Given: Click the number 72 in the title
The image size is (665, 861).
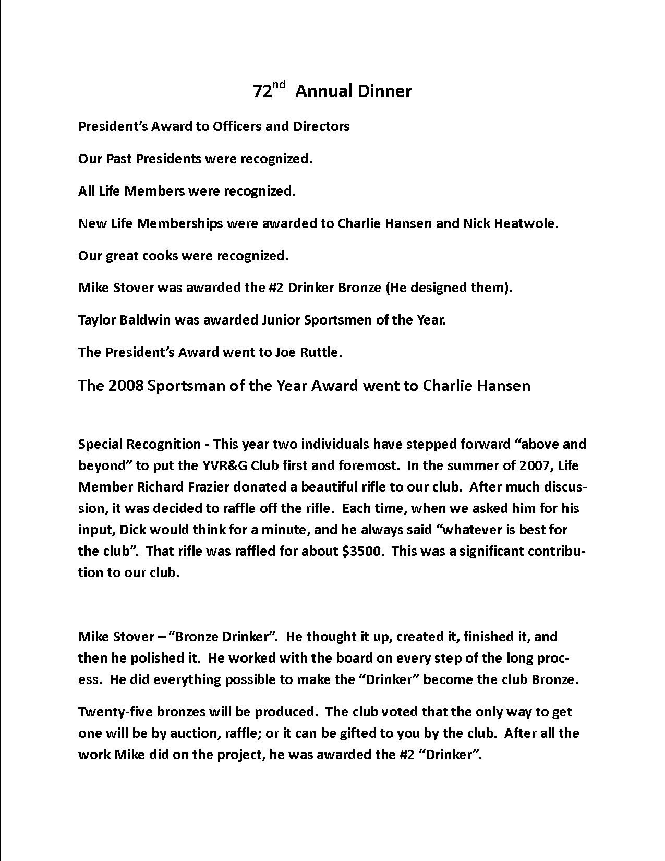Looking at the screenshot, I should pyautogui.click(x=262, y=92).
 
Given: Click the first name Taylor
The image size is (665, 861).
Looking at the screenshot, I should pyautogui.click(x=97, y=320).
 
